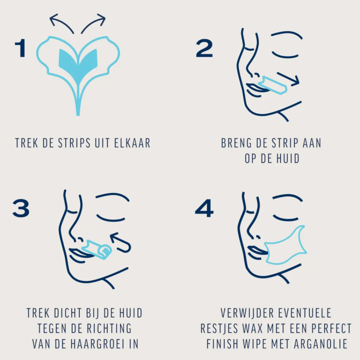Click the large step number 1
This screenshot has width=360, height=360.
[x=21, y=48]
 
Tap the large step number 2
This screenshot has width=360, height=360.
[x=204, y=48]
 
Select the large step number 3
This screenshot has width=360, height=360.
[x=21, y=208]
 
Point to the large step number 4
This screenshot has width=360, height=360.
[x=204, y=208]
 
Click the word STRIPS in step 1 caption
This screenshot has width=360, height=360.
[x=74, y=143]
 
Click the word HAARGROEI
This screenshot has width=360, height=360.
[x=98, y=344]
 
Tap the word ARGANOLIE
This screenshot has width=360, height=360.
[x=320, y=344]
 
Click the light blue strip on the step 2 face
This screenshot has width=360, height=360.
[x=273, y=85]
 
